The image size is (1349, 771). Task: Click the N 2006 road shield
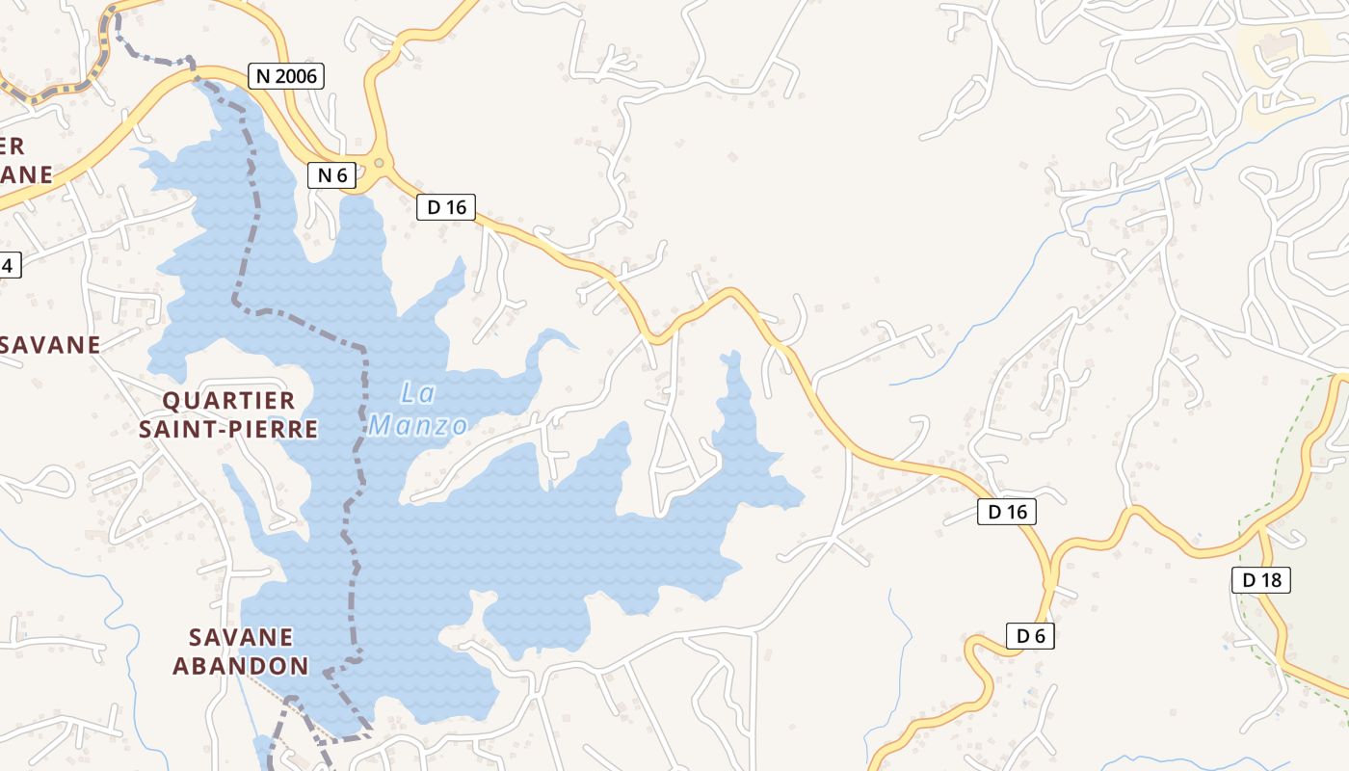pos(285,76)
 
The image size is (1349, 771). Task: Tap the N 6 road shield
pos(331,175)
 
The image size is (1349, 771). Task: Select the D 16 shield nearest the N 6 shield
pos(446,206)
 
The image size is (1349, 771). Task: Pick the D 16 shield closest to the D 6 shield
pos(1008,512)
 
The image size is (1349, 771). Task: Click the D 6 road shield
pos(1030,636)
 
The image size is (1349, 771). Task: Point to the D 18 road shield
pos(1260,580)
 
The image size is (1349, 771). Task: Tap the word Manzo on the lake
pos(418,425)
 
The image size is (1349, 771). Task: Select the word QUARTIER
pos(228,401)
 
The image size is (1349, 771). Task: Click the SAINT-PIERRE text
pos(228,429)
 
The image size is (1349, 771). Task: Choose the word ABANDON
pos(241,665)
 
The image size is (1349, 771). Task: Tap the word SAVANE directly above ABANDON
pos(241,637)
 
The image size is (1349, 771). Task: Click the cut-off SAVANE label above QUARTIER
pos(50,345)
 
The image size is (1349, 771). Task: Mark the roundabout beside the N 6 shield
pos(379,163)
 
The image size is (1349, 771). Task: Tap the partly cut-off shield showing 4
pos(9,265)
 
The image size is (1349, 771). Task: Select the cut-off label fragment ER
pos(12,146)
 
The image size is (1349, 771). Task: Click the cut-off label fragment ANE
pos(26,174)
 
